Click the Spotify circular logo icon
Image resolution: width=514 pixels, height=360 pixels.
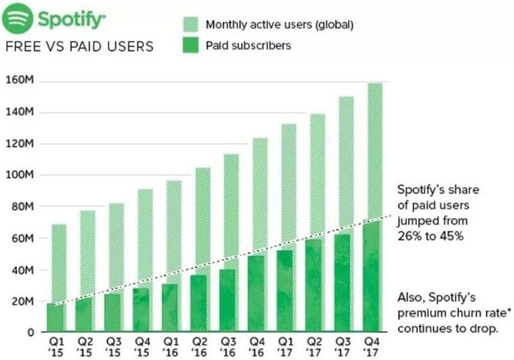[x=18, y=18]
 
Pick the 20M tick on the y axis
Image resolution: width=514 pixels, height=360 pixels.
[x=22, y=302]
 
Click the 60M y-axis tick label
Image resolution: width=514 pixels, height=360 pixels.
[x=22, y=239]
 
